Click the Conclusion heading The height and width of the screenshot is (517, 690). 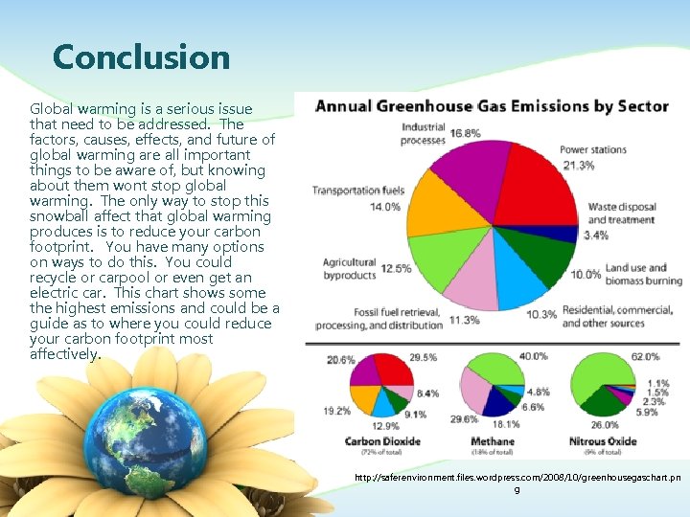[x=141, y=57]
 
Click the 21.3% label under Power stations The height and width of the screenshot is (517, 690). [x=578, y=165]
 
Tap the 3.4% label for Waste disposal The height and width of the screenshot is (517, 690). [x=595, y=236]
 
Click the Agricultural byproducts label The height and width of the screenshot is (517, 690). [x=349, y=268]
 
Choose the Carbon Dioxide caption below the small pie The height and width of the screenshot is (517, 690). [x=382, y=441]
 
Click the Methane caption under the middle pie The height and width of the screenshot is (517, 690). [x=493, y=441]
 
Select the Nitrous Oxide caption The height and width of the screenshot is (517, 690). [x=602, y=441]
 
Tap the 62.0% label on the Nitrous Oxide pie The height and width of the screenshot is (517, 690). [x=645, y=357]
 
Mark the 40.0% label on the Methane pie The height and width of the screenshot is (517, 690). [x=534, y=356]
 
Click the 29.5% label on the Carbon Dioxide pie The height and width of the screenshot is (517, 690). [x=424, y=357]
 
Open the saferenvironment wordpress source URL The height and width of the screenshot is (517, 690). [x=517, y=477]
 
